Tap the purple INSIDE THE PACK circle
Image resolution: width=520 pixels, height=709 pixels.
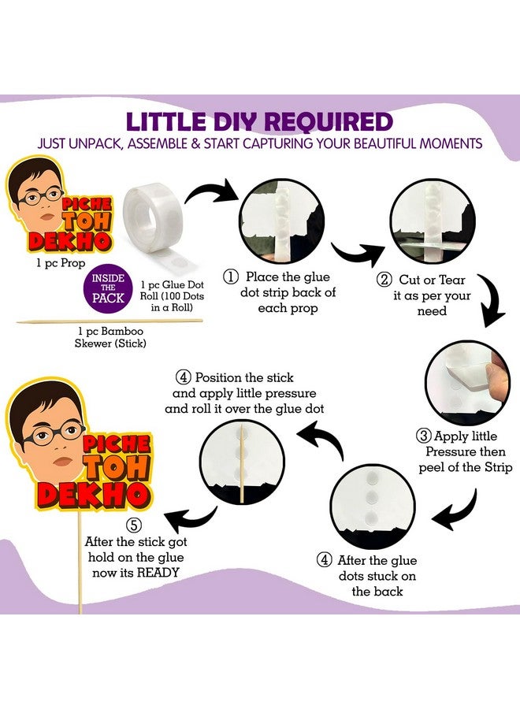click(x=108, y=288)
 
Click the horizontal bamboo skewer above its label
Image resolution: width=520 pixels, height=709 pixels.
click(x=110, y=321)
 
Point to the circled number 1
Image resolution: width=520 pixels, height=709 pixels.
click(x=231, y=277)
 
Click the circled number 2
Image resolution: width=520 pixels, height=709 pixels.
click(x=384, y=280)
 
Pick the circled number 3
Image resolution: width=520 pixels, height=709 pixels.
click(x=423, y=436)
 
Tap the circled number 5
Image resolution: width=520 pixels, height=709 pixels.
click(x=134, y=525)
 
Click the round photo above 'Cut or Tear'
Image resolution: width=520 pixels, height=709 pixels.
click(x=433, y=221)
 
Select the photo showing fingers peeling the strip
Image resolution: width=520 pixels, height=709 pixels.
click(x=468, y=383)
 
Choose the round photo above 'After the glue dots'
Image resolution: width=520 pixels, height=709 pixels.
click(x=373, y=507)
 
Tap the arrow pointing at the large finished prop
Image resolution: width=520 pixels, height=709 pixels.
click(x=189, y=520)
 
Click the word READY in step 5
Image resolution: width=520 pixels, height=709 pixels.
click(x=158, y=573)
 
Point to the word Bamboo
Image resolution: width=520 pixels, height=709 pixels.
click(x=123, y=331)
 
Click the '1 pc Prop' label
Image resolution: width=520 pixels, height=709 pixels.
click(x=61, y=262)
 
